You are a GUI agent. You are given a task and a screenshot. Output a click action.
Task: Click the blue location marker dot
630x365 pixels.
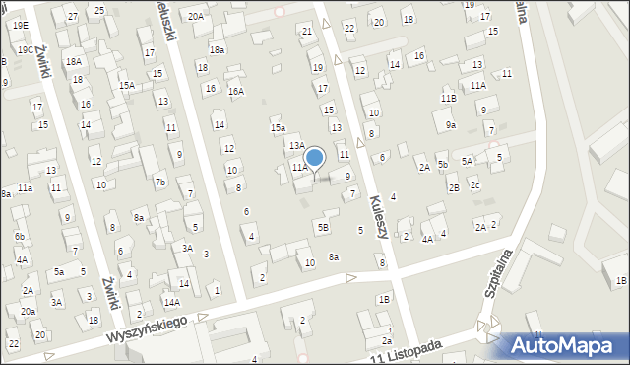[x=315, y=157]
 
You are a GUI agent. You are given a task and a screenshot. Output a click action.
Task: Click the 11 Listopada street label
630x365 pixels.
[x=408, y=350]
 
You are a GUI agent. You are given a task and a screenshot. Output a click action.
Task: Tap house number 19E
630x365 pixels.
[x=21, y=25]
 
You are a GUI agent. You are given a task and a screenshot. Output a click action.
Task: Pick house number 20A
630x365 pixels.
[x=197, y=16]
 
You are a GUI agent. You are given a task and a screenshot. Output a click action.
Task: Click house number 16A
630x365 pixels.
[x=236, y=91]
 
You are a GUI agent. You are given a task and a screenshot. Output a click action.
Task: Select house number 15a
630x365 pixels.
[x=279, y=127]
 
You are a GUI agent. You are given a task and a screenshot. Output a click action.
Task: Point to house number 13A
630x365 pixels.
[x=296, y=145]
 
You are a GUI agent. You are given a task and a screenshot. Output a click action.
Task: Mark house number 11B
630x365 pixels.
[x=449, y=99]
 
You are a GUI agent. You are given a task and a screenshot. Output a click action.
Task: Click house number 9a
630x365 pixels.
[x=450, y=125]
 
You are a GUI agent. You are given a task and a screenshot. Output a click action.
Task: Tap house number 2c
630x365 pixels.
[x=474, y=185]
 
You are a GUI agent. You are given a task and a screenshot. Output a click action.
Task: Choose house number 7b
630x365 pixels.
[x=159, y=182]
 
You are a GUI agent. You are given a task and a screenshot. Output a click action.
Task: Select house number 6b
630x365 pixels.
[x=20, y=237]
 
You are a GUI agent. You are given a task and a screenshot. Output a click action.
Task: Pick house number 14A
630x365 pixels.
[x=171, y=302]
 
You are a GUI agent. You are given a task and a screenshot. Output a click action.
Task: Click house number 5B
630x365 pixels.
[x=323, y=227]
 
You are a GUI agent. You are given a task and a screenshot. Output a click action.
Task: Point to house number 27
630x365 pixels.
[x=73, y=17]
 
